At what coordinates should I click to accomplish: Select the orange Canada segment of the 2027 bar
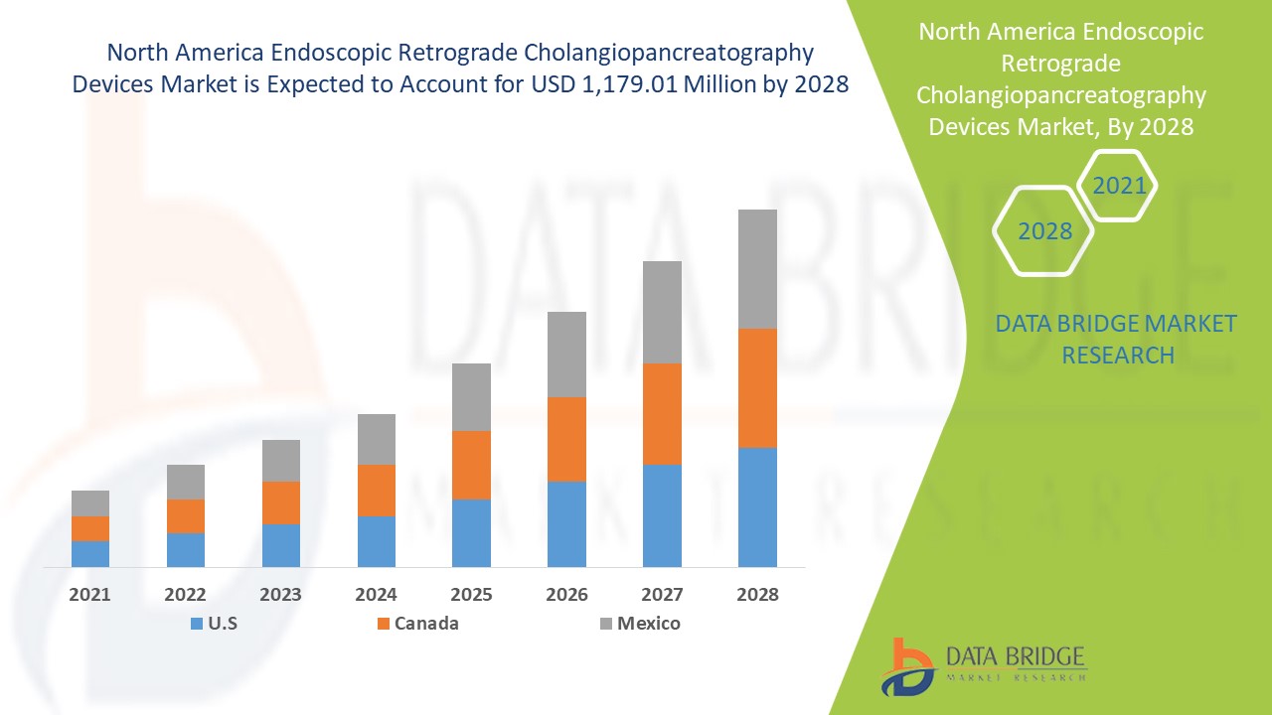point(662,414)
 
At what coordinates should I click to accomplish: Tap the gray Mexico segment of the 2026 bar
point(566,355)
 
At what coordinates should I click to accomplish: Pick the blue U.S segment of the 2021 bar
point(90,553)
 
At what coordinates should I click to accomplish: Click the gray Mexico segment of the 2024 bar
point(376,439)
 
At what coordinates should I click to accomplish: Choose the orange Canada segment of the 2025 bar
point(471,465)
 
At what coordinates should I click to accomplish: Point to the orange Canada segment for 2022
point(186,516)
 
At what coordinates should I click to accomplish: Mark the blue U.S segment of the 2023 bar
point(281,545)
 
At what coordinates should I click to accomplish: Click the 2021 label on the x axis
point(90,595)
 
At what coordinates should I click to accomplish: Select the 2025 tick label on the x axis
point(471,595)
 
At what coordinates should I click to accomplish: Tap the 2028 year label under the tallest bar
point(757,595)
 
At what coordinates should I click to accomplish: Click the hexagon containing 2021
point(1118,186)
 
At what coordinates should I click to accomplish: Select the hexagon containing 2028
point(1044,230)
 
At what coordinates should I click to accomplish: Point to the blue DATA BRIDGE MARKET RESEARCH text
point(1117,339)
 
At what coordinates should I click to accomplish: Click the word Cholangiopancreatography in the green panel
point(1060,95)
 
